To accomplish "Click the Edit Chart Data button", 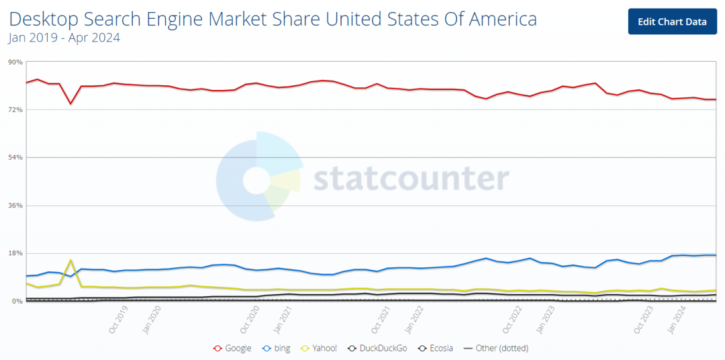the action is pos(672,21).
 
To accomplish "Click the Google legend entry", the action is pos(232,348).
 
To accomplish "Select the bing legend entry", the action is pos(276,348).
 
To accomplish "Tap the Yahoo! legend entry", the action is pos(319,348).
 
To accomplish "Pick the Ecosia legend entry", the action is pos(435,348).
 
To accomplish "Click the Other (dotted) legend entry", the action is pos(495,348).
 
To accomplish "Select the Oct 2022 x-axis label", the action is pos(512,319).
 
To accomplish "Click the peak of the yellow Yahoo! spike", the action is pos(70,260).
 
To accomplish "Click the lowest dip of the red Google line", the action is pos(70,103).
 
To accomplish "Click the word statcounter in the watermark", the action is pos(412,179).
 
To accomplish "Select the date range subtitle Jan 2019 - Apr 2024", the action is pos(64,38).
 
